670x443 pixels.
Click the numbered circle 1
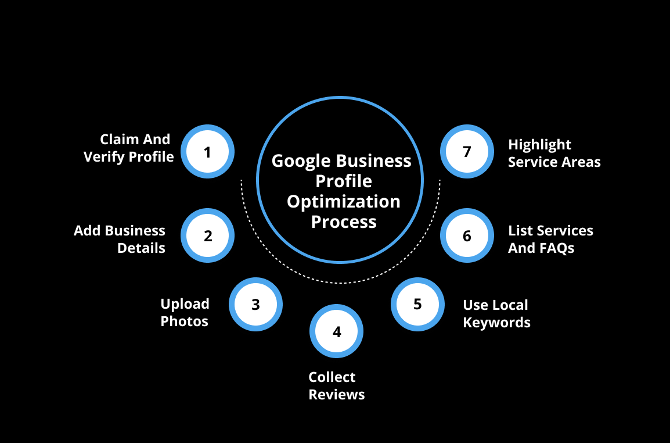tap(207, 152)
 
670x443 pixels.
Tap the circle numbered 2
tap(207, 236)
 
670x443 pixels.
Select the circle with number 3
tap(255, 304)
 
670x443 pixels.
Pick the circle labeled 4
tap(337, 331)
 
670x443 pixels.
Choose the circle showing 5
tap(417, 304)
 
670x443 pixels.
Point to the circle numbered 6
tap(467, 236)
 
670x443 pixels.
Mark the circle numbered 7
tap(467, 152)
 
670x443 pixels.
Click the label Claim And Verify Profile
tap(129, 148)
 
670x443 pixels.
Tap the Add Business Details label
tap(120, 240)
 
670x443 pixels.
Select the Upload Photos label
tap(185, 313)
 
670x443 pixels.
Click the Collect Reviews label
tap(337, 386)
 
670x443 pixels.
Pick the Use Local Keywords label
tap(496, 314)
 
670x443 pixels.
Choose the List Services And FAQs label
tap(550, 240)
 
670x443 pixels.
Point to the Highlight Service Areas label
tap(554, 153)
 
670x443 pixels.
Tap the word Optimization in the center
tap(344, 202)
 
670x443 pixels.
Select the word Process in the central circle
tap(344, 222)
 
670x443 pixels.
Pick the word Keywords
tap(496, 323)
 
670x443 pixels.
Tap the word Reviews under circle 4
tap(337, 395)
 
